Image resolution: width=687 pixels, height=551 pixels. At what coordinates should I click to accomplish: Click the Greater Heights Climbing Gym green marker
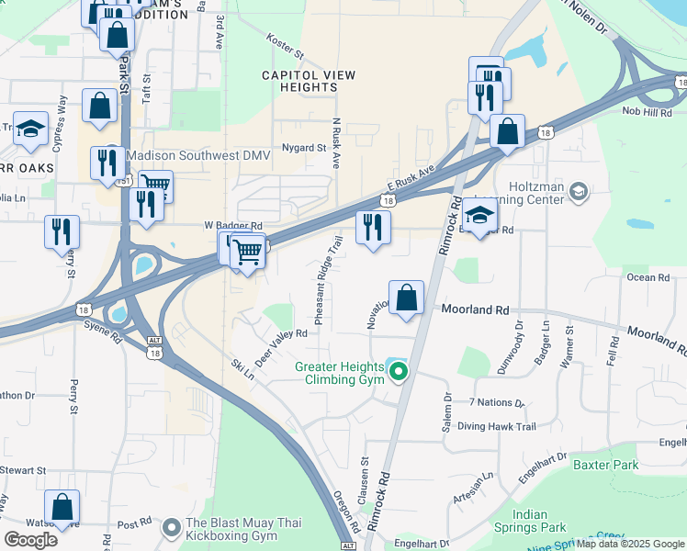point(399,372)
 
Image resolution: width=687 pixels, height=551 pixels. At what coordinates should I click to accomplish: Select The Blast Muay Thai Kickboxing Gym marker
point(171,528)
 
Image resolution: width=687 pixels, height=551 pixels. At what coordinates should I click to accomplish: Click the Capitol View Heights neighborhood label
point(299,81)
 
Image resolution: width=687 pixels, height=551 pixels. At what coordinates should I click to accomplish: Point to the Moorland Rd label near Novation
point(476,311)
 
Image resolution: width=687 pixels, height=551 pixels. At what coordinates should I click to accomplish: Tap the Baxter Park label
point(605,465)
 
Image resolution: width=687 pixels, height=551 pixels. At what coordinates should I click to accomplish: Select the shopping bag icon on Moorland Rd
point(407,298)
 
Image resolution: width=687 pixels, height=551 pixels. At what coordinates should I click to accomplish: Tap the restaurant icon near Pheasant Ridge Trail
point(373,228)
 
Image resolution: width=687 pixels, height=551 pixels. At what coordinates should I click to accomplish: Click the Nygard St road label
point(304,147)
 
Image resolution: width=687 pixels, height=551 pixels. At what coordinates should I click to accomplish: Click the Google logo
point(31,539)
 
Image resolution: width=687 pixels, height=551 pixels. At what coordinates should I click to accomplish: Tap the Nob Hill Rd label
point(647,112)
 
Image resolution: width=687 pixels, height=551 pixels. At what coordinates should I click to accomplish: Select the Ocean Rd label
point(648,277)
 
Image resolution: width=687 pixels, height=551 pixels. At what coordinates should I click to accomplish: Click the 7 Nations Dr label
point(496,402)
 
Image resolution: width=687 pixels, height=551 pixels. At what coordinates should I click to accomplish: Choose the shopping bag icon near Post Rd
point(62,507)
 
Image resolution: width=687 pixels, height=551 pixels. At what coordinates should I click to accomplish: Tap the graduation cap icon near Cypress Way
point(31,129)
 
